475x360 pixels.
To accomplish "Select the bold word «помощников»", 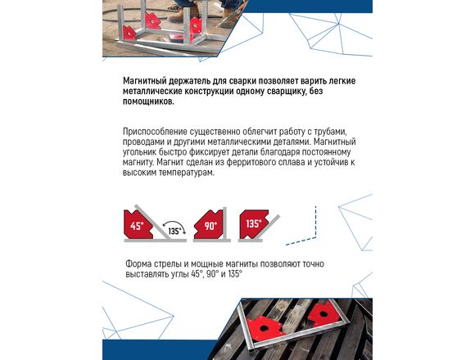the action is click(148, 101).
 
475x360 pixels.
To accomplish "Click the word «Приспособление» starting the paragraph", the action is click(155, 132).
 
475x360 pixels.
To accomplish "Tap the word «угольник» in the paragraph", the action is click(140, 152).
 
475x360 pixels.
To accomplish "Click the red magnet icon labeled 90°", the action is click(209, 225).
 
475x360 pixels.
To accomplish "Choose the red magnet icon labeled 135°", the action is click(253, 224).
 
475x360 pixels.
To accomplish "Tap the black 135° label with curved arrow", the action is click(174, 229).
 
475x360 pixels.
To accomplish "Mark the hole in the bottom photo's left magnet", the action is click(265, 328).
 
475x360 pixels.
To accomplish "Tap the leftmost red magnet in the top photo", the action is click(129, 33).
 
